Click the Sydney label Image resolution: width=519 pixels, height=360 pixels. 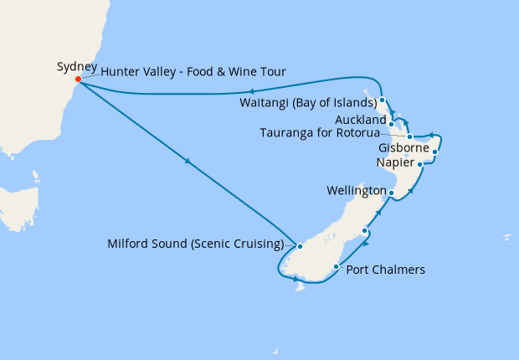click(x=77, y=67)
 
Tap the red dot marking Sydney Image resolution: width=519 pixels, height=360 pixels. click(x=78, y=80)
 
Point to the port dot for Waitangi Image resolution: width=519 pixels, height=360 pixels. click(x=382, y=100)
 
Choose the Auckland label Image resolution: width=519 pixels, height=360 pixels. click(x=360, y=121)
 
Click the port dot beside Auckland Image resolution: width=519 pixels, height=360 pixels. click(x=391, y=124)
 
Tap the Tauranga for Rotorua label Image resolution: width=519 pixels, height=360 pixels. click(x=319, y=132)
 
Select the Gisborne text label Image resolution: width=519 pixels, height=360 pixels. click(x=403, y=147)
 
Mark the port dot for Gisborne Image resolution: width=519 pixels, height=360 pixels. click(x=435, y=152)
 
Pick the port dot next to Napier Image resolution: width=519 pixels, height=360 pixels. click(x=420, y=165)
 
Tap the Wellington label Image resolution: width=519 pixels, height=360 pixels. click(x=356, y=191)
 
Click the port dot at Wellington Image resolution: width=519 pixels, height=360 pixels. click(x=391, y=193)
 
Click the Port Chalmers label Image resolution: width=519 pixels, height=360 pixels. click(x=386, y=270)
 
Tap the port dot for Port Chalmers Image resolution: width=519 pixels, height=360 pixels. click(x=337, y=268)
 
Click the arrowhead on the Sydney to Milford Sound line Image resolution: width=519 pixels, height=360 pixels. click(x=192, y=162)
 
